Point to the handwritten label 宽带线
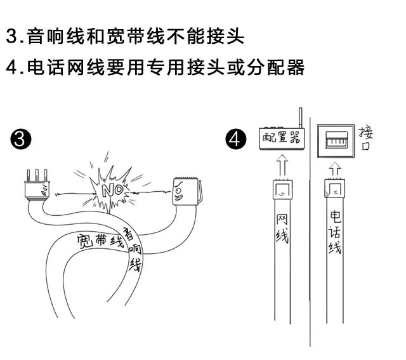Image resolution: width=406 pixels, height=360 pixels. point(98,241)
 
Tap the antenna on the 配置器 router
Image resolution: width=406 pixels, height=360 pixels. point(299,119)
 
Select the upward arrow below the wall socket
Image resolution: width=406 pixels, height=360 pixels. point(335,170)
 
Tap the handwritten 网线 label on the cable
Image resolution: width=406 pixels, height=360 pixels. point(282,229)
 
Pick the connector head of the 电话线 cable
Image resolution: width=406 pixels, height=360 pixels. point(335,188)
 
